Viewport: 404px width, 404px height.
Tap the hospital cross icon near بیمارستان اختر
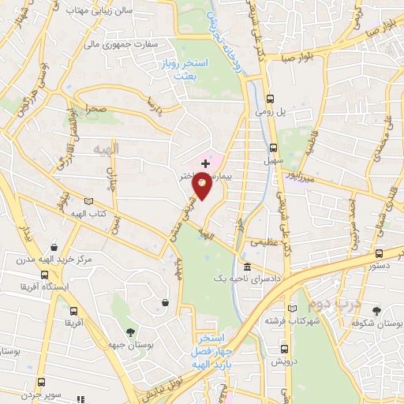(x=206, y=162)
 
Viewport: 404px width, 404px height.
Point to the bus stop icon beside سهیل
(x=274, y=148)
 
